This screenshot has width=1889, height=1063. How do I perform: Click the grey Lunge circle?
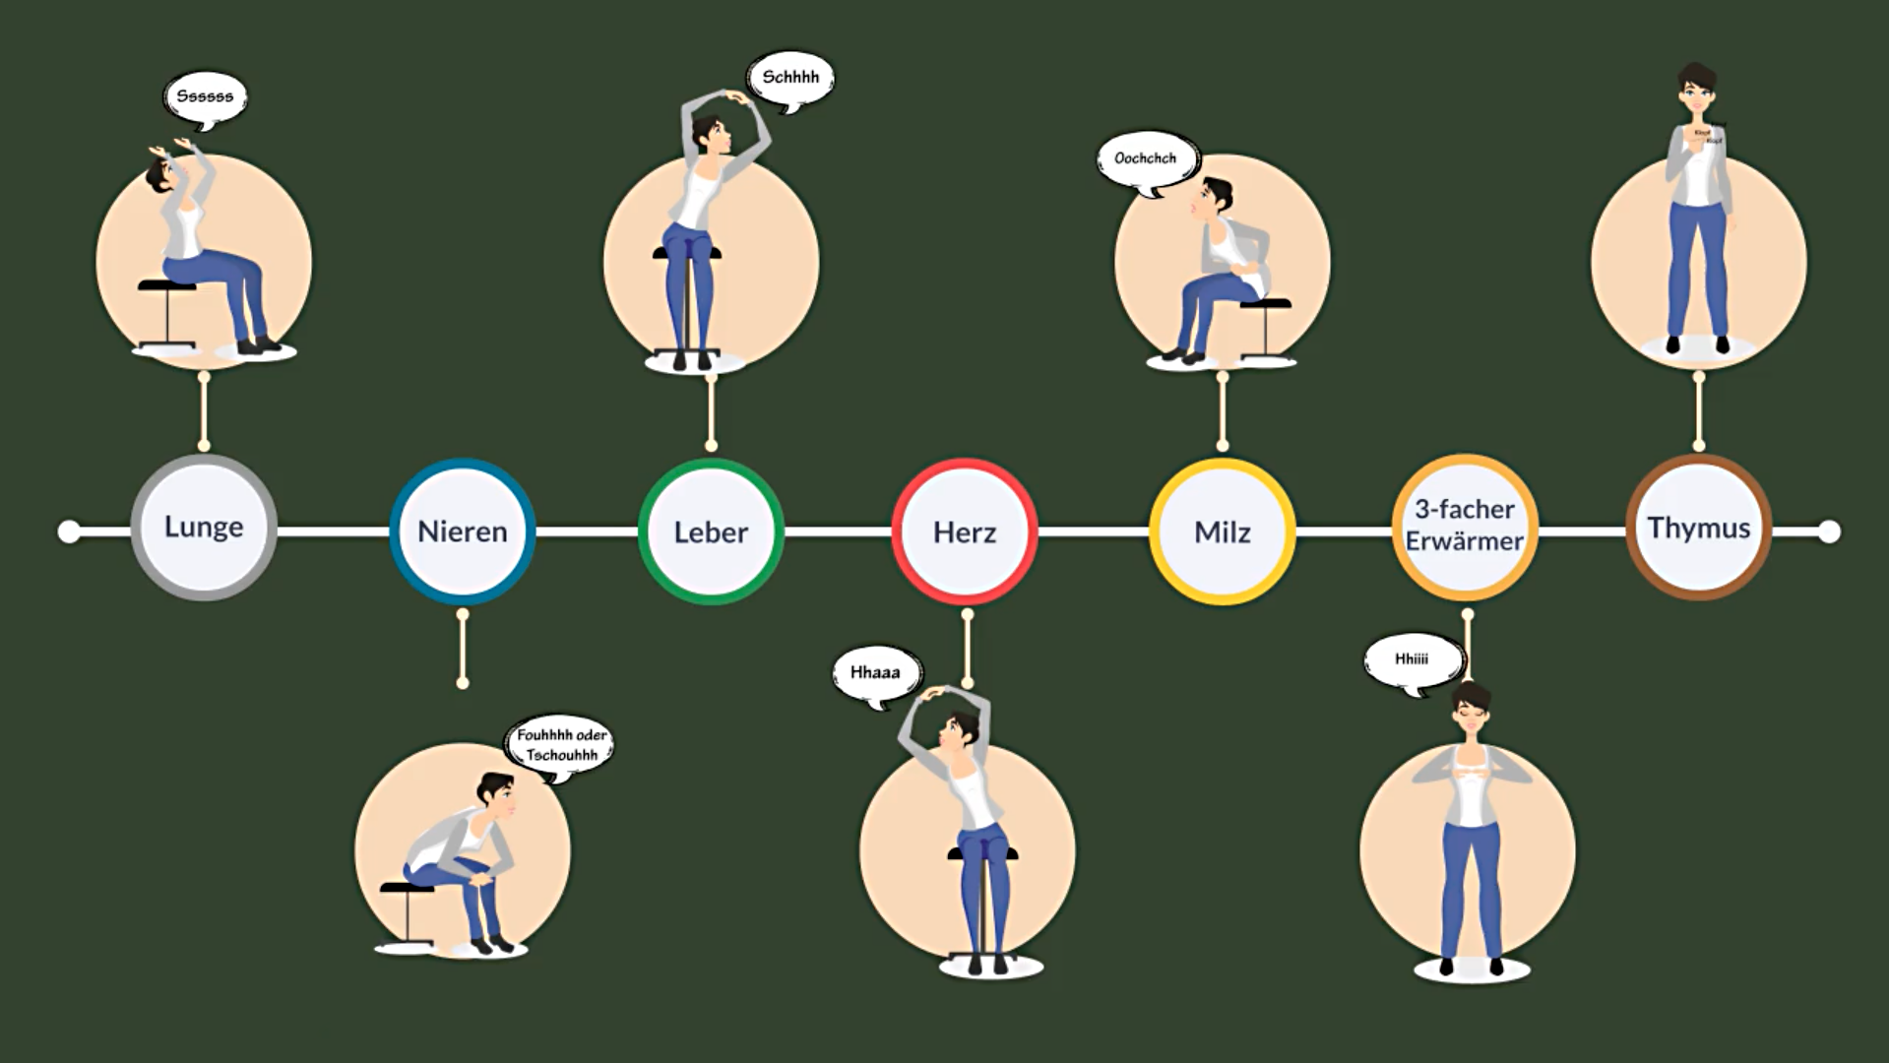click(x=204, y=528)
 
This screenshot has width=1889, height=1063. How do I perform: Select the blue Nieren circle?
click(x=462, y=531)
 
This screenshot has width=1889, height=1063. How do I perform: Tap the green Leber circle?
click(x=711, y=531)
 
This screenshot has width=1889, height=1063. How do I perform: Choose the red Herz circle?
click(x=965, y=531)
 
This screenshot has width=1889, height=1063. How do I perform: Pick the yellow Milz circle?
click(x=1222, y=531)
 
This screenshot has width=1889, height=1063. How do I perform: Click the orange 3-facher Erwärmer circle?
click(x=1465, y=527)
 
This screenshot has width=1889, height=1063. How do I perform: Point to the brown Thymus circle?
click(x=1699, y=528)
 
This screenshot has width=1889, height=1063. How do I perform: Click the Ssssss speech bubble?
click(x=205, y=96)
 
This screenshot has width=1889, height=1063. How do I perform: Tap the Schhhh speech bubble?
click(x=790, y=78)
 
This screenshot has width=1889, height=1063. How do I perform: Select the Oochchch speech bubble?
click(x=1145, y=158)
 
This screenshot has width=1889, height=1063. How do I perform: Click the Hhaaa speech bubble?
click(x=875, y=673)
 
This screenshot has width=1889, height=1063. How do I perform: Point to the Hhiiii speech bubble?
click(x=1412, y=659)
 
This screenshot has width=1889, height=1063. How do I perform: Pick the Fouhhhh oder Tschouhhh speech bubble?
click(x=561, y=745)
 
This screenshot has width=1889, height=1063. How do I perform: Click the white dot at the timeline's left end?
click(x=69, y=531)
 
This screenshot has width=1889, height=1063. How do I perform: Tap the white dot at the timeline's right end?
click(x=1829, y=531)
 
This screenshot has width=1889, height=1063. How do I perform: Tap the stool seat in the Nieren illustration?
click(x=406, y=887)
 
